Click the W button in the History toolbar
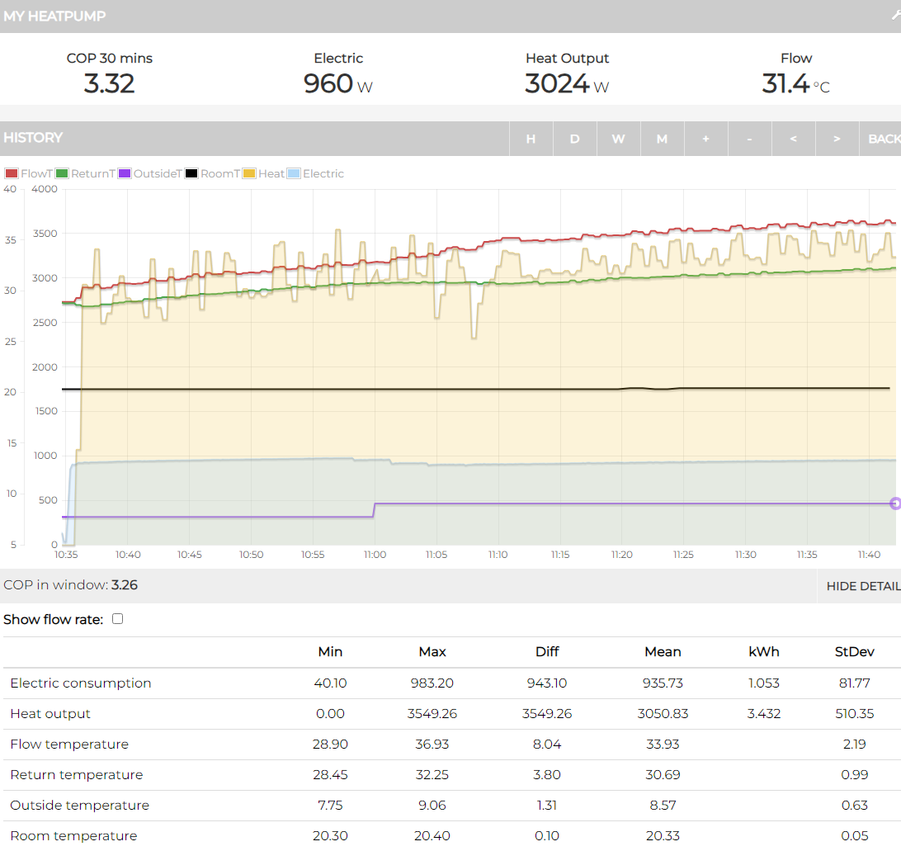pyautogui.click(x=618, y=139)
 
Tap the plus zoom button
pyautogui.click(x=705, y=139)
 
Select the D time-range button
pyautogui.click(x=574, y=139)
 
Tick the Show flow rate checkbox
pyautogui.click(x=117, y=618)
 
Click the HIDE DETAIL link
pyautogui.click(x=863, y=586)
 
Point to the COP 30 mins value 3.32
pyautogui.click(x=109, y=83)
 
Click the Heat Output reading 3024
pyautogui.click(x=557, y=83)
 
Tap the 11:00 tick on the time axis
pyautogui.click(x=375, y=555)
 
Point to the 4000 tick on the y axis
pyautogui.click(x=44, y=189)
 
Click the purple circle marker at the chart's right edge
pyautogui.click(x=895, y=504)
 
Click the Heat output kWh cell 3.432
pyautogui.click(x=763, y=713)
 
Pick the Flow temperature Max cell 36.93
pyautogui.click(x=432, y=744)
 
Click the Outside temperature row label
pyautogui.click(x=79, y=805)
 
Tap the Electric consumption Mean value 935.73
pyautogui.click(x=663, y=683)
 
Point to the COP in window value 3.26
pyautogui.click(x=125, y=585)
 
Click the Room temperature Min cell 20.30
pyautogui.click(x=330, y=835)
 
